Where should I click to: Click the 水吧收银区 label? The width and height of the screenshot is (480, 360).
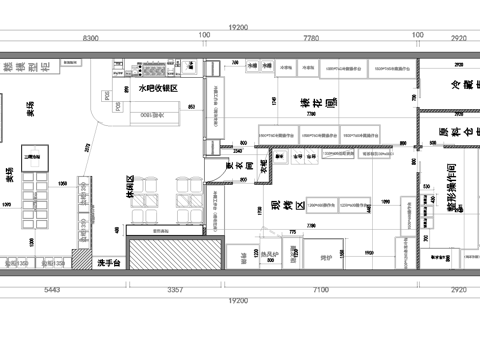[157, 88]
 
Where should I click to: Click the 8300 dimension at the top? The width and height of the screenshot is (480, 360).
[90, 37]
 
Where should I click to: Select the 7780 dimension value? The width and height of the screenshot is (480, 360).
[310, 37]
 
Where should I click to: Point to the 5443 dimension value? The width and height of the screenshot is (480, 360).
[53, 290]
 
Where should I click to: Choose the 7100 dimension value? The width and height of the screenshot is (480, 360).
[320, 290]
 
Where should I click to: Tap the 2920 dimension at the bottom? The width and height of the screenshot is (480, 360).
[458, 290]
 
